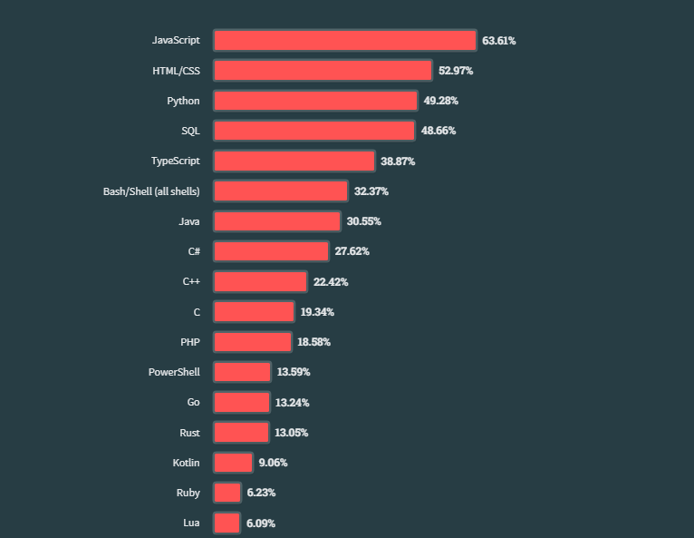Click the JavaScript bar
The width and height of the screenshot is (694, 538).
pos(344,41)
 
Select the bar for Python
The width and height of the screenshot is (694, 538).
pos(315,101)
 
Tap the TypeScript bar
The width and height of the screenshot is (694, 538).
pos(294,161)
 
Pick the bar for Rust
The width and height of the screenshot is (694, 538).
pos(241,433)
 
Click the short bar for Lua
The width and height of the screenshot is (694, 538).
pos(227,523)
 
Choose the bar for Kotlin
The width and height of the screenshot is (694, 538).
pos(233,463)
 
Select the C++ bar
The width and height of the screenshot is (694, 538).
pos(260,282)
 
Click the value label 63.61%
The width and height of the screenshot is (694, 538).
pos(498,41)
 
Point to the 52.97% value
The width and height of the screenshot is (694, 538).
pos(456,71)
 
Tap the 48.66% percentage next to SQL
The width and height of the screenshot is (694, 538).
pos(439,131)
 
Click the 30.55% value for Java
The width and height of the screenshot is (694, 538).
pos(363,221)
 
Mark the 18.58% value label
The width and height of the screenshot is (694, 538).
pos(313,342)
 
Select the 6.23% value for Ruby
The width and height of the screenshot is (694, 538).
pos(261,493)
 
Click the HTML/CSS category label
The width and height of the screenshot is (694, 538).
pos(176,70)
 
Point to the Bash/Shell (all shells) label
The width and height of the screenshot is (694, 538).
pos(151,191)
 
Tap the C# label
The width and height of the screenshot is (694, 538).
pos(193,251)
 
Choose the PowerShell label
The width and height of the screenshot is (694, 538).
pos(174,372)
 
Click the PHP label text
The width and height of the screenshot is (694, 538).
pos(190,342)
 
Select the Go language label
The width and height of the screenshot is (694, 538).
pos(193,402)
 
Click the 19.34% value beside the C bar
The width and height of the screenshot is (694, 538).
pos(317,312)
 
